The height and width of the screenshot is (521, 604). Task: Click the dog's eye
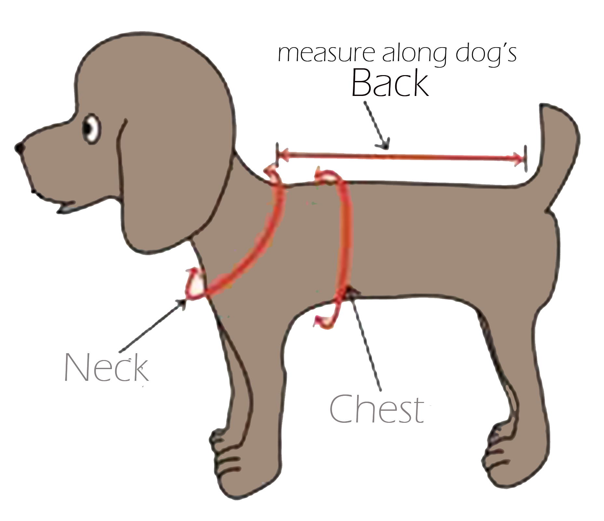[x=91, y=128]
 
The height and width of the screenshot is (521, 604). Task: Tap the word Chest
[x=377, y=409]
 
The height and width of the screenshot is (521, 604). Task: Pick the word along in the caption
[x=416, y=55]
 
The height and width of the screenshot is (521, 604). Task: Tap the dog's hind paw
[x=507, y=455]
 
